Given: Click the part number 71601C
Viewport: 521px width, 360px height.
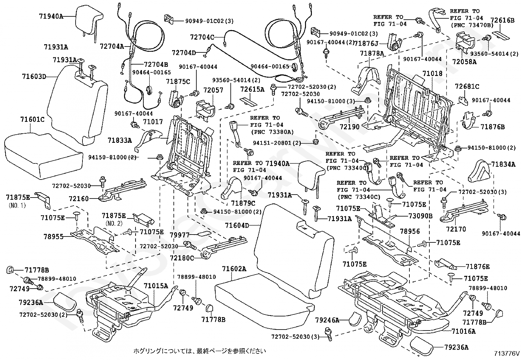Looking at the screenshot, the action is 32,120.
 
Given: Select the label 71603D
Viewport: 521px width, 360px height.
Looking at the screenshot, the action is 34,76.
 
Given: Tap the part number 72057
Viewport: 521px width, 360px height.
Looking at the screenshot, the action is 213,90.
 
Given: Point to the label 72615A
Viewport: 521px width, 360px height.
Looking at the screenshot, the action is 252,89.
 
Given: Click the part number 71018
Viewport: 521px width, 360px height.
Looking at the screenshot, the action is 432,74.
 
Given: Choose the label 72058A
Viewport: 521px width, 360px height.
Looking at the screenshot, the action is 464,62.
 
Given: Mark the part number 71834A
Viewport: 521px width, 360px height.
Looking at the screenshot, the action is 503,164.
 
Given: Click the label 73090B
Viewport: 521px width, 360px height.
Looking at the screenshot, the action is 420,216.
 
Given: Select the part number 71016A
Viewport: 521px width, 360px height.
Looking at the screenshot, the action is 463,331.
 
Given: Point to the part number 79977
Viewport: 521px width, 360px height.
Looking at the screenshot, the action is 179,235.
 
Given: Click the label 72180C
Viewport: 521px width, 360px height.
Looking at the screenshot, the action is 182,258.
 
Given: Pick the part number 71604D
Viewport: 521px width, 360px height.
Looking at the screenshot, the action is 237,225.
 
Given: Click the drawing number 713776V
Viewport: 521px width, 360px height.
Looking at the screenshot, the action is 507,353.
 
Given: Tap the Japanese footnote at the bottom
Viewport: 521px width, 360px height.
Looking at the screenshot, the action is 199,351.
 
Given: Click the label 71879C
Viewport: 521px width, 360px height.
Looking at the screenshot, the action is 243,203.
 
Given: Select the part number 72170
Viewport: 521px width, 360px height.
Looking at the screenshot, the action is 456,229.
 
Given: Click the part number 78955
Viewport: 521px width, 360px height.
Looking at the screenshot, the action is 53,237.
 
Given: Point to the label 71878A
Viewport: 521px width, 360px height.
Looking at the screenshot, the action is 372,53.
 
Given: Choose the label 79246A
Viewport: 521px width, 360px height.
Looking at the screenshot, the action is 327,320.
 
